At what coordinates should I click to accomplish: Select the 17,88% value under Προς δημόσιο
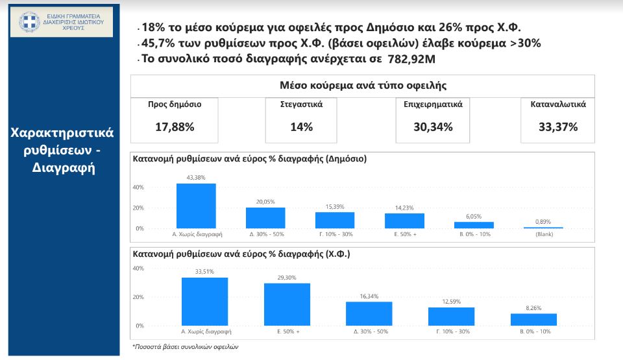tap(174, 127)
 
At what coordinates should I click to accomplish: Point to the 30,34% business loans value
tap(433, 127)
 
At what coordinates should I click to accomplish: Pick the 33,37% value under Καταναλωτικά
tap(557, 127)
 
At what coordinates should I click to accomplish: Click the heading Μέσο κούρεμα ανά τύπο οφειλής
tap(363, 85)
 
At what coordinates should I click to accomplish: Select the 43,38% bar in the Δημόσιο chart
tap(196, 206)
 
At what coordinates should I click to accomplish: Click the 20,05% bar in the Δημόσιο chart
tap(265, 218)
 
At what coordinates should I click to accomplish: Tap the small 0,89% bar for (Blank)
tap(543, 228)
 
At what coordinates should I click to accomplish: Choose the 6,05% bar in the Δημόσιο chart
tap(474, 225)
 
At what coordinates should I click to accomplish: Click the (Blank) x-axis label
tap(543, 235)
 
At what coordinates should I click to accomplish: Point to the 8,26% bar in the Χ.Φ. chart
tap(533, 319)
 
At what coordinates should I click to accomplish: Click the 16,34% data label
tap(369, 296)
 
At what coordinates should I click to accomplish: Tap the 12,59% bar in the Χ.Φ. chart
tap(451, 316)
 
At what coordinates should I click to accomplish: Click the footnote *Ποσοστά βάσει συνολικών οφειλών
tap(186, 346)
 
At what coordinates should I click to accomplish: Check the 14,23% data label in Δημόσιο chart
tap(404, 208)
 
